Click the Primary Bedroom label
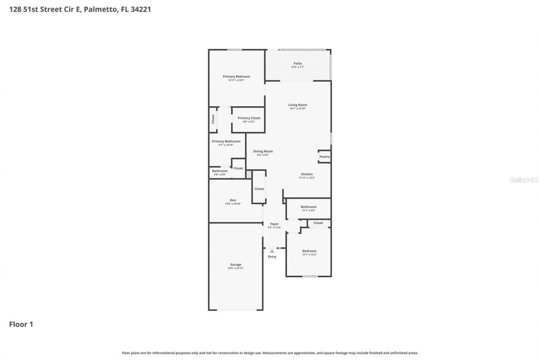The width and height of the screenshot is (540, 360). [x=236, y=76]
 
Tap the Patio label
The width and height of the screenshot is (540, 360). [x=297, y=63]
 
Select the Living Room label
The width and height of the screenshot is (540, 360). [x=297, y=105]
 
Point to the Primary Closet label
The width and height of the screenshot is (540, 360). [x=249, y=118]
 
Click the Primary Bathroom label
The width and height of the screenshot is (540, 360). [x=226, y=141]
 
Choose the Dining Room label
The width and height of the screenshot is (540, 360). [x=263, y=151]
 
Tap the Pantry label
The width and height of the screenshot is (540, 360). [x=324, y=157]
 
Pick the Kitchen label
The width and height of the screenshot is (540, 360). [x=307, y=174]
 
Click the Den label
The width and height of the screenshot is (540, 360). [x=233, y=200]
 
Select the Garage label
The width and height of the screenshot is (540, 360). [x=235, y=265]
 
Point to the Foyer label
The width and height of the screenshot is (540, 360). [x=274, y=224]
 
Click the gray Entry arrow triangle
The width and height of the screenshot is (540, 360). [x=272, y=251]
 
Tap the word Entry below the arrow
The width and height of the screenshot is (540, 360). [x=272, y=257]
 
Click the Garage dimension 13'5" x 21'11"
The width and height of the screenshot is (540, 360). [x=235, y=268]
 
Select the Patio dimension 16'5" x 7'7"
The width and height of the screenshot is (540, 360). [x=297, y=67]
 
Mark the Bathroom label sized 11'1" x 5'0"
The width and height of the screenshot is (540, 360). [x=308, y=207]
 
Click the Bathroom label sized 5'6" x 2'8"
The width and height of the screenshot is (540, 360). [x=220, y=171]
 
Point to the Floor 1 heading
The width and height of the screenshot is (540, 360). [x=21, y=325]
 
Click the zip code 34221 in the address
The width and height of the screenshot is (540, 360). [x=140, y=9]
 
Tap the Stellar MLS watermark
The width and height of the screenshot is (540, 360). [x=524, y=180]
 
